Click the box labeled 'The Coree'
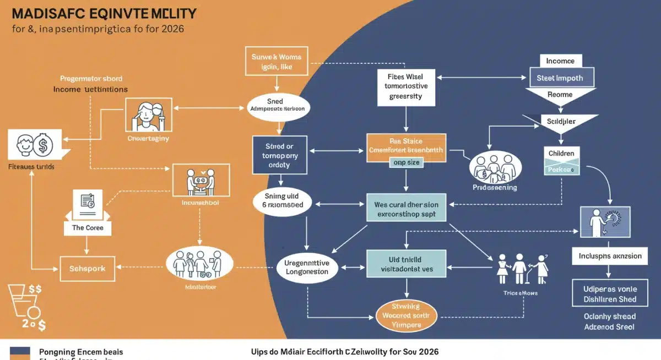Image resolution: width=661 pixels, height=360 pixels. click(87, 227)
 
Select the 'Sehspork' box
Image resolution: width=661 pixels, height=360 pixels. click(87, 269)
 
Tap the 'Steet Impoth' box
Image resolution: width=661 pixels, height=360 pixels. click(560, 78)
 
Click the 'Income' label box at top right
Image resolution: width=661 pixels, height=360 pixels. click(560, 61)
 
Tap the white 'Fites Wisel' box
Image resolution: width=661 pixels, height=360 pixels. click(407, 87)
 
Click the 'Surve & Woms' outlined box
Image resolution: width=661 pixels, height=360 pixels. click(277, 61)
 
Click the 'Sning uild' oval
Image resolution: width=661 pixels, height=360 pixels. click(282, 200)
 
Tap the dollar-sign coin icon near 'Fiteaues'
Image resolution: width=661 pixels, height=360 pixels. click(43, 145)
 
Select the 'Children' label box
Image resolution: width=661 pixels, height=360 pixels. click(561, 153)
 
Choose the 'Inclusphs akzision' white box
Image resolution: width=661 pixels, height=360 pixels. click(610, 256)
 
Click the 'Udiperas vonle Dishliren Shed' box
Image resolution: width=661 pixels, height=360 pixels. click(610, 294)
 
